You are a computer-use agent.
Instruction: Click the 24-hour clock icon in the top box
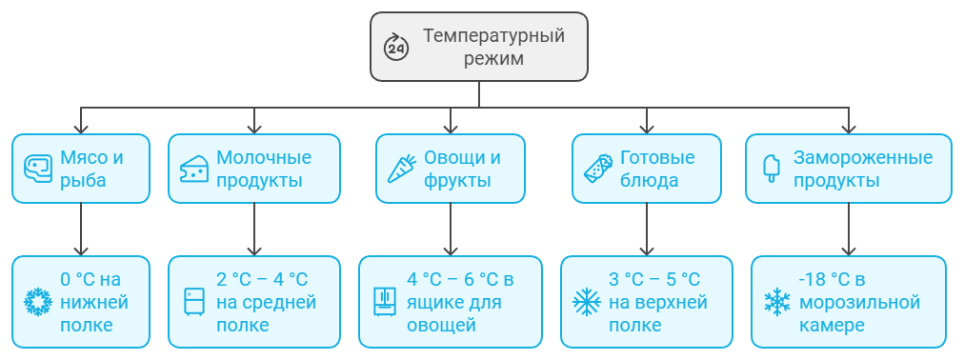point(395,47)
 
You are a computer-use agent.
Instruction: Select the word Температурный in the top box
point(493,36)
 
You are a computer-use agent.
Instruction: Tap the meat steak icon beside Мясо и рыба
point(36,169)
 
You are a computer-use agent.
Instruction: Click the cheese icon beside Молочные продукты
point(193,169)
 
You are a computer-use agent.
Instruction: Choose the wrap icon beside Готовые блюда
point(596,169)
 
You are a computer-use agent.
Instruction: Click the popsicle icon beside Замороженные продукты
point(771,169)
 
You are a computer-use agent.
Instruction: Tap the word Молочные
point(264,157)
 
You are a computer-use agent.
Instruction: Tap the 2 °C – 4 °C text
point(262,280)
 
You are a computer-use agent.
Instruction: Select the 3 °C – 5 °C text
point(654,280)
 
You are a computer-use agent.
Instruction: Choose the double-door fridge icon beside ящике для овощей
point(384,302)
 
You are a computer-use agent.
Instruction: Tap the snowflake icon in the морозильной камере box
point(777,302)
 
